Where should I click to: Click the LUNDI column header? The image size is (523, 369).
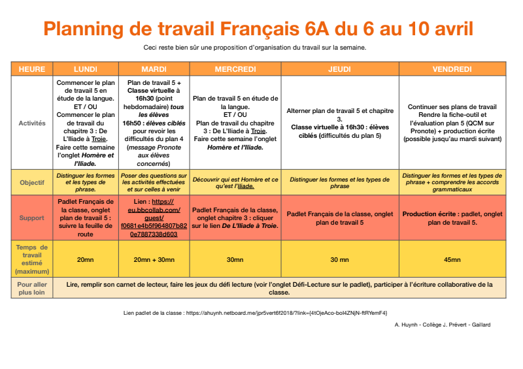pyautogui.click(x=86, y=69)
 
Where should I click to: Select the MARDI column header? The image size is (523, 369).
pyautogui.click(x=154, y=69)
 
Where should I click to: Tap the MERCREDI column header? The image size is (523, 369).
pyautogui.click(x=235, y=69)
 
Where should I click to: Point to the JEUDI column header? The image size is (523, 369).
pyautogui.click(x=340, y=69)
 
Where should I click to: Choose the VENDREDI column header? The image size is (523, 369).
pyautogui.click(x=452, y=69)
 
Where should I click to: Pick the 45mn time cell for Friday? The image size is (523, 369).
pyautogui.click(x=452, y=260)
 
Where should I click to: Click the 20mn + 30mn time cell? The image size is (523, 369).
pyautogui.click(x=154, y=260)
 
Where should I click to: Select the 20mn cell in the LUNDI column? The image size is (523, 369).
pyautogui.click(x=86, y=260)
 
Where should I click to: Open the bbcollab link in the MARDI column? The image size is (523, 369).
pyautogui.click(x=154, y=218)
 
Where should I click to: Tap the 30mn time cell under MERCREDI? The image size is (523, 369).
pyautogui.click(x=235, y=260)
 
